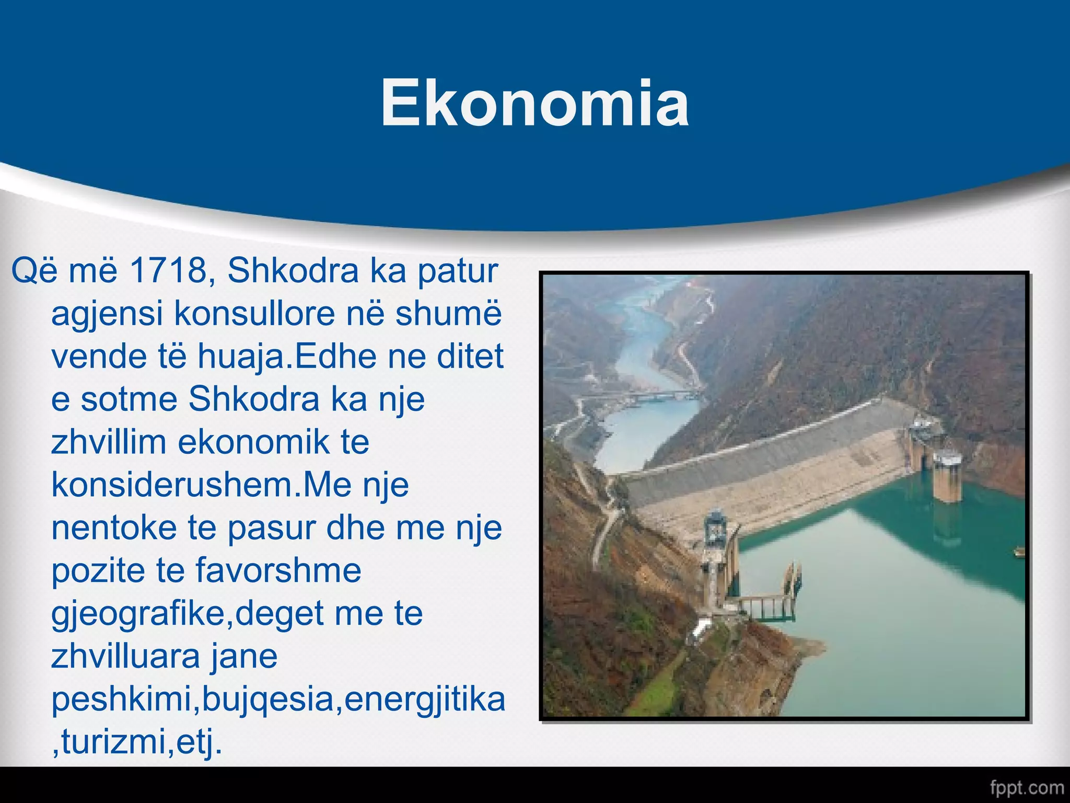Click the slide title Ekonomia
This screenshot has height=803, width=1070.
click(x=534, y=102)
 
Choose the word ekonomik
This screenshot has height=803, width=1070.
click(x=254, y=442)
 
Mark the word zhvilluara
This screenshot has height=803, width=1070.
click(x=125, y=657)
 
